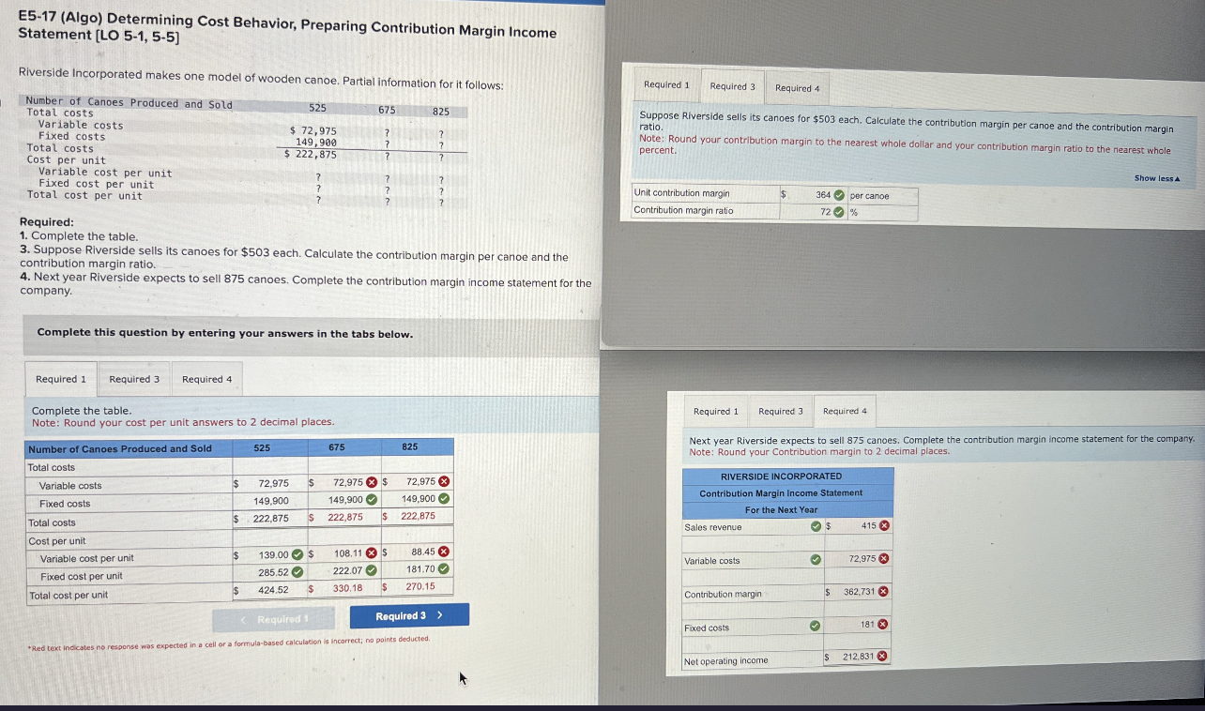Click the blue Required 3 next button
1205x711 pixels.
point(409,616)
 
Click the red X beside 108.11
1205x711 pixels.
point(372,553)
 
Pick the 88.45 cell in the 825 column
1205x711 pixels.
point(422,552)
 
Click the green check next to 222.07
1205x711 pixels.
point(372,570)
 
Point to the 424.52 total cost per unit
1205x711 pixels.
point(273,589)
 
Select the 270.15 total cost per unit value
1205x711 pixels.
point(419,587)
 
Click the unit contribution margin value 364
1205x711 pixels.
point(822,195)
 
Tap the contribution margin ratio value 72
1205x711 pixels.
point(827,211)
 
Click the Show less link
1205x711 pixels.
point(1156,178)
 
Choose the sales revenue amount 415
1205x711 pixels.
point(868,526)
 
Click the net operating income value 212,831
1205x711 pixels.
point(859,657)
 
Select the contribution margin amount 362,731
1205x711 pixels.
point(859,592)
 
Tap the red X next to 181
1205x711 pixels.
point(883,624)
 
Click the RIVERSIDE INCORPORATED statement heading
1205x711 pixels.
point(781,477)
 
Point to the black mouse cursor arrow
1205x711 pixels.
point(462,676)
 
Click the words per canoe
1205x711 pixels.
point(869,196)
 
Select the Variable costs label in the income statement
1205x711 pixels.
point(711,561)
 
